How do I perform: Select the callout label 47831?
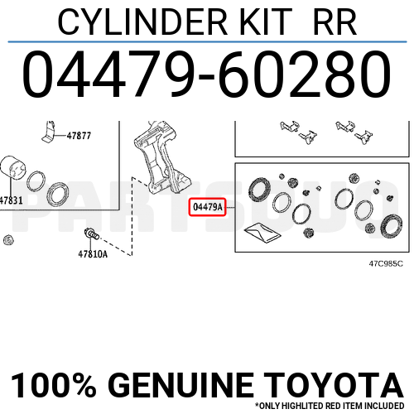[11, 200]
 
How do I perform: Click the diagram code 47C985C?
[385, 263]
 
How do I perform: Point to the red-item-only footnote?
[332, 407]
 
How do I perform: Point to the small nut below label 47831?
[8, 241]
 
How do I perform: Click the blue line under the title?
[207, 41]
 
